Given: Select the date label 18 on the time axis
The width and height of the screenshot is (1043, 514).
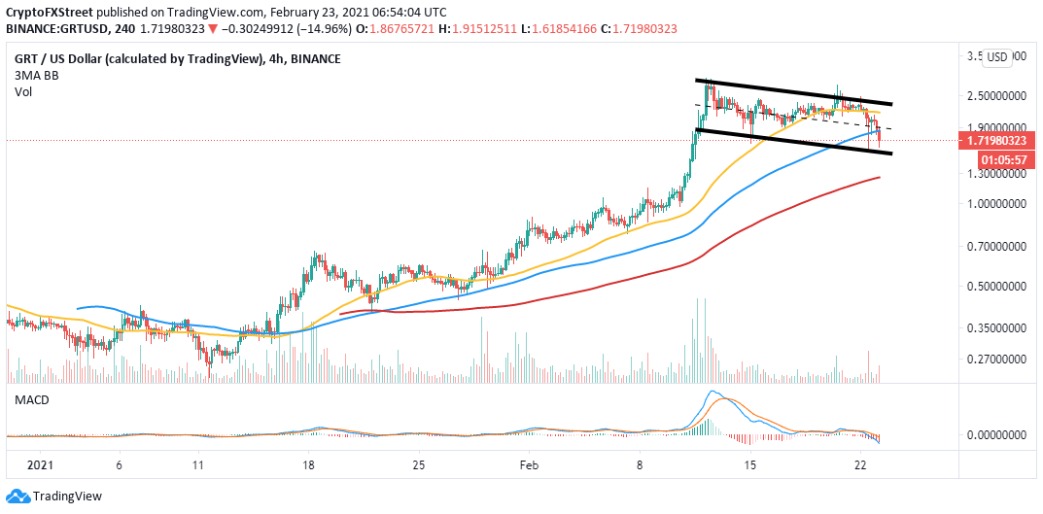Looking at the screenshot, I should pos(309,465).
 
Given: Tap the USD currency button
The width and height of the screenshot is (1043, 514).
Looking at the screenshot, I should pos(997,57).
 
